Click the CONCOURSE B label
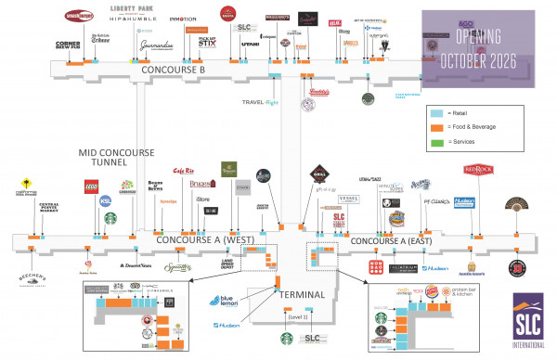[173, 69]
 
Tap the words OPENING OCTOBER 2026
[489, 49]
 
